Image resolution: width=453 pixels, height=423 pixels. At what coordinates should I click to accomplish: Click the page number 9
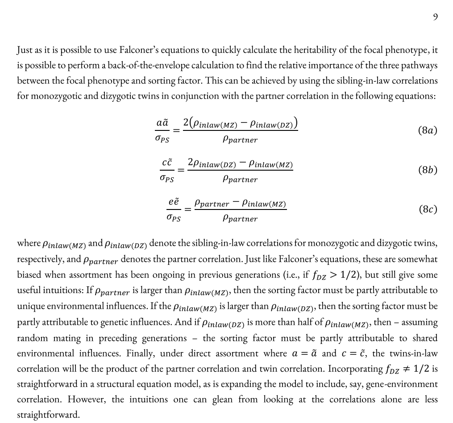click(435, 17)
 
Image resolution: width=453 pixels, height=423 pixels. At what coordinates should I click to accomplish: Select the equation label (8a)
click(428, 130)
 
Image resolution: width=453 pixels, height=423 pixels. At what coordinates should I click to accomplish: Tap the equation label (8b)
click(428, 170)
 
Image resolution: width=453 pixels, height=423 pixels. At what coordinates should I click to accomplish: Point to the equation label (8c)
click(428, 209)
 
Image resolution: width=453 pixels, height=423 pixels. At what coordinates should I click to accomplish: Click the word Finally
click(140, 354)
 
